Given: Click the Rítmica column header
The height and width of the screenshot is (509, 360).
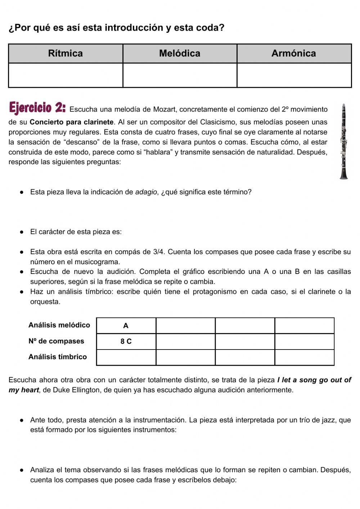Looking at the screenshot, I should coord(66,53).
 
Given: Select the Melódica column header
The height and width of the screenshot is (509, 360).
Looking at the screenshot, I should coord(180,53).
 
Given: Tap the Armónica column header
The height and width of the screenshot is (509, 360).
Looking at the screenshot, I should coord(294,53).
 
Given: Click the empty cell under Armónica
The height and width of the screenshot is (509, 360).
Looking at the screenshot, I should coord(294,75).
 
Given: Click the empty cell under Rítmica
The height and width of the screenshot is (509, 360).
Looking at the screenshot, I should coord(66,75).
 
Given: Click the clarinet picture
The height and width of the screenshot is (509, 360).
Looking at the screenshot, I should coord(344,141).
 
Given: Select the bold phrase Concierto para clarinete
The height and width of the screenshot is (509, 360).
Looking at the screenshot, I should coord(72,122).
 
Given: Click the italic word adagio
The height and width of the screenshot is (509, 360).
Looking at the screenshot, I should coord(146,192).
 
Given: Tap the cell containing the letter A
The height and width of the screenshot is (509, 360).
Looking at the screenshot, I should coord(126,326).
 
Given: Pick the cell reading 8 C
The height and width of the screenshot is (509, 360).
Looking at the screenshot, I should coord(126,342).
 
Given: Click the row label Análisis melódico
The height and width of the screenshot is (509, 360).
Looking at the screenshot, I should coord(59,325).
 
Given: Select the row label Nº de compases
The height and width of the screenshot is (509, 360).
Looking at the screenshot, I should coord(56,341).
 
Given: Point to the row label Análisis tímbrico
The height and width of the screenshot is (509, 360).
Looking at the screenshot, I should coord(58,357).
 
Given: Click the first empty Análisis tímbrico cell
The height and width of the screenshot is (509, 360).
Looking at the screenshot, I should coord(126,357).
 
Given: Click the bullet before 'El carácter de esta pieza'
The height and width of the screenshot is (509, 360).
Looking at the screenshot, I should coord(22,232).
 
